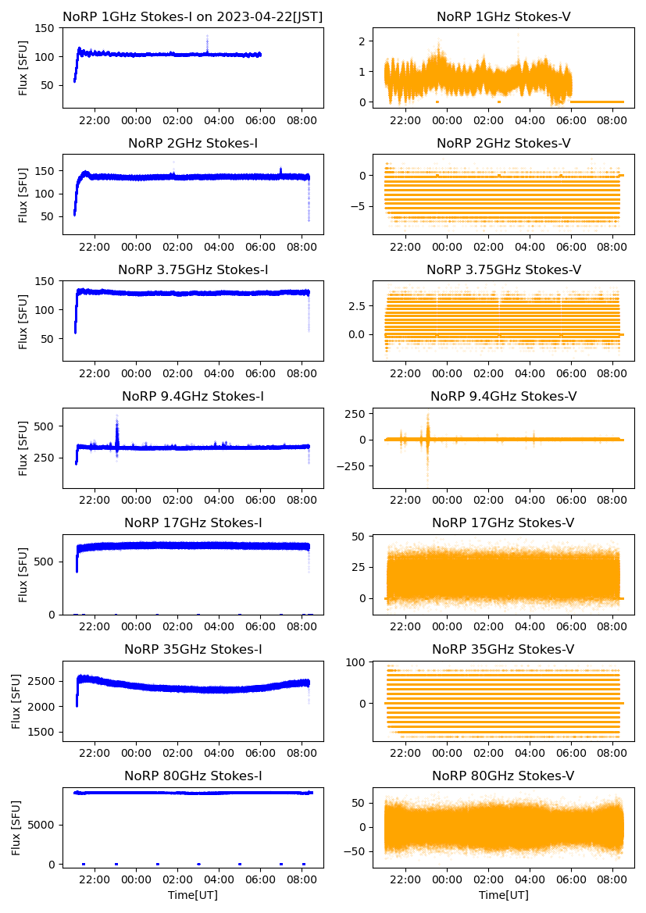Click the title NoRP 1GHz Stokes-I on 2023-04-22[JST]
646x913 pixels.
click(x=193, y=16)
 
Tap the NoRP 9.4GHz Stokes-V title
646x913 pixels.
click(x=503, y=397)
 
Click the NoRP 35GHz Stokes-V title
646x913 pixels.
click(x=503, y=649)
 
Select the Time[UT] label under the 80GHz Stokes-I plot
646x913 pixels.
click(x=193, y=894)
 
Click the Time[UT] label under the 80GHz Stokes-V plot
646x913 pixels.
click(x=503, y=894)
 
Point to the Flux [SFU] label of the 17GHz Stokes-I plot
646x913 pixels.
click(x=23, y=574)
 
